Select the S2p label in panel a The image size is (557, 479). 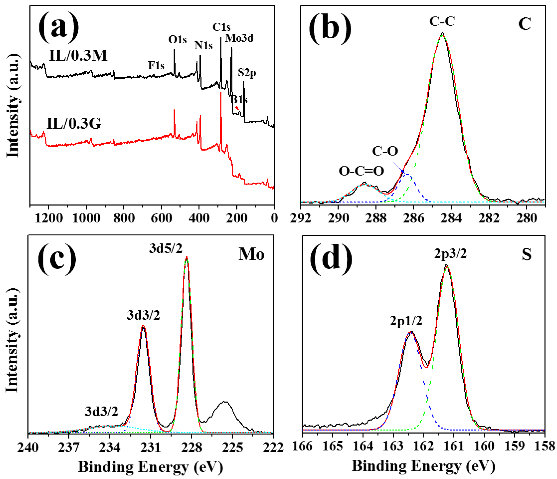[x=247, y=73]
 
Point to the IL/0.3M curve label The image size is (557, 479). [x=78, y=56]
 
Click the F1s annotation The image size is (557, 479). [x=156, y=65]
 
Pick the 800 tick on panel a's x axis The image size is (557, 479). [x=124, y=218]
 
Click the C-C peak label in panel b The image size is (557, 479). [x=442, y=22]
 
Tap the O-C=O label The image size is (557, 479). [x=361, y=171]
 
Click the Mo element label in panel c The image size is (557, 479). [x=251, y=254]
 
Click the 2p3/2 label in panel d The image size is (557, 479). [x=450, y=254]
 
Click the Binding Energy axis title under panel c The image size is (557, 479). [x=151, y=467]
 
